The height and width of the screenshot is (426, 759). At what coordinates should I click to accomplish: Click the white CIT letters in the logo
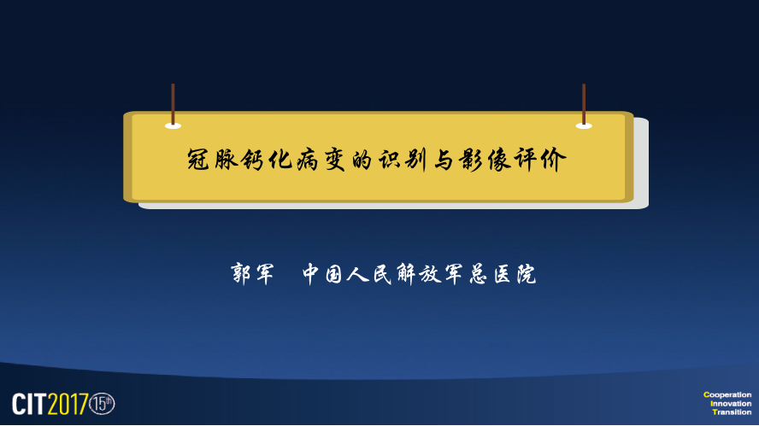point(30,404)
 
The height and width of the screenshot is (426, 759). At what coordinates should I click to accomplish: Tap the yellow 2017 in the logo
point(68,404)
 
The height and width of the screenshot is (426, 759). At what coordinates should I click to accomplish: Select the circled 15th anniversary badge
point(102,404)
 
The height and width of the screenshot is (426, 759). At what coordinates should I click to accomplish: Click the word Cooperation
point(727,394)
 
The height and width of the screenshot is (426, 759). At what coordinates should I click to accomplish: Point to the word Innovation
point(731,403)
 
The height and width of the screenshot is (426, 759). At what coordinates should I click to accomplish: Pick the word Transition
point(732,412)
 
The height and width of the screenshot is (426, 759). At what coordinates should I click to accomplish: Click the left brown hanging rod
point(173,104)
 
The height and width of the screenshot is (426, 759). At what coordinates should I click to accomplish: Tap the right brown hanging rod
point(584,104)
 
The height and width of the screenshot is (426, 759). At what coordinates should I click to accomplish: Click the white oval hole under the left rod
point(173,126)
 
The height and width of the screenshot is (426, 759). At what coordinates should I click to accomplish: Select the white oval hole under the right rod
point(584,126)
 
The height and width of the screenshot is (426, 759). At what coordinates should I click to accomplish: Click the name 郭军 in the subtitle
point(251,274)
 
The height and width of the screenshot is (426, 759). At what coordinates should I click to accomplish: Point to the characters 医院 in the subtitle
point(515,274)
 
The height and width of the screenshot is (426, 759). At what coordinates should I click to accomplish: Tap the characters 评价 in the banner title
point(539,159)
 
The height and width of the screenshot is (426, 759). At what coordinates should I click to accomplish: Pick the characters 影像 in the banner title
point(485,159)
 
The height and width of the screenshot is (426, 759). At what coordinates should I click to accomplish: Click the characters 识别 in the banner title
point(403,159)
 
